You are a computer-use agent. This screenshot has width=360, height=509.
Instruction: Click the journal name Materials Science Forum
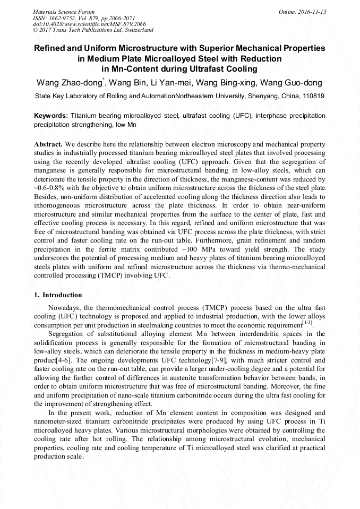tap(64, 11)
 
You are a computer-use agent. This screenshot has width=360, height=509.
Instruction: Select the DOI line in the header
tap(89, 24)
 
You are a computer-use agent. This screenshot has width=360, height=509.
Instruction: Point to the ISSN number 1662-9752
tap(66, 18)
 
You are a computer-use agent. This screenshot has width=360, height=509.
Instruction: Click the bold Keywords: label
tap(51, 115)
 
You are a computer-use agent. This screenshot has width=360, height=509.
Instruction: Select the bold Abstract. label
tap(48, 144)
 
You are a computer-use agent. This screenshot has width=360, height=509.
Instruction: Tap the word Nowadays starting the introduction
tap(66, 308)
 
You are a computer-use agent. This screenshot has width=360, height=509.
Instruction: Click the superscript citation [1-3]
tap(307, 322)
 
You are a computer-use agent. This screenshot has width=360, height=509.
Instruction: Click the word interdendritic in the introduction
tap(243, 334)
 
